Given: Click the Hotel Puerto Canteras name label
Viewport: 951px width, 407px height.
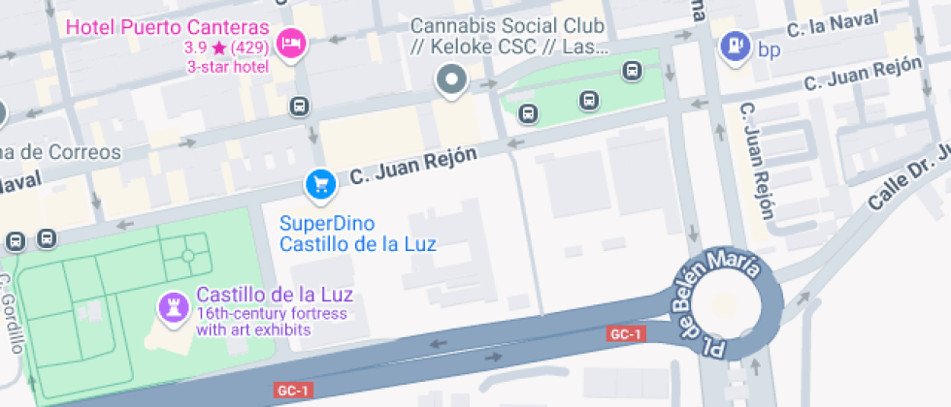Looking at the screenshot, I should pyautogui.click(x=166, y=26).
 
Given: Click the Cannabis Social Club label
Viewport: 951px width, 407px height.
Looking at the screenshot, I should pyautogui.click(x=508, y=36).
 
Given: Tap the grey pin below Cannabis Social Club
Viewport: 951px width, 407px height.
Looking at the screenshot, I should pyautogui.click(x=451, y=80).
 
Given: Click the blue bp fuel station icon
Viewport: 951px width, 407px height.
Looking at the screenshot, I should pyautogui.click(x=736, y=45).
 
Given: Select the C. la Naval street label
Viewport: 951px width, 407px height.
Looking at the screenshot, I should pyautogui.click(x=833, y=24).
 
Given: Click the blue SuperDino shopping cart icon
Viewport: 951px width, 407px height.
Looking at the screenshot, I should pyautogui.click(x=319, y=183).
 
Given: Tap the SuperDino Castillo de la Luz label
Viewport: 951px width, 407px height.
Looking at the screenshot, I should pyautogui.click(x=358, y=234).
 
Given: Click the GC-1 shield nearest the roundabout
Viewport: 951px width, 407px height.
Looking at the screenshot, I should pyautogui.click(x=625, y=334).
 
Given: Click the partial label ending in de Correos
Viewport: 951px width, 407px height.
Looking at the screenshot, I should pyautogui.click(x=60, y=152).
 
